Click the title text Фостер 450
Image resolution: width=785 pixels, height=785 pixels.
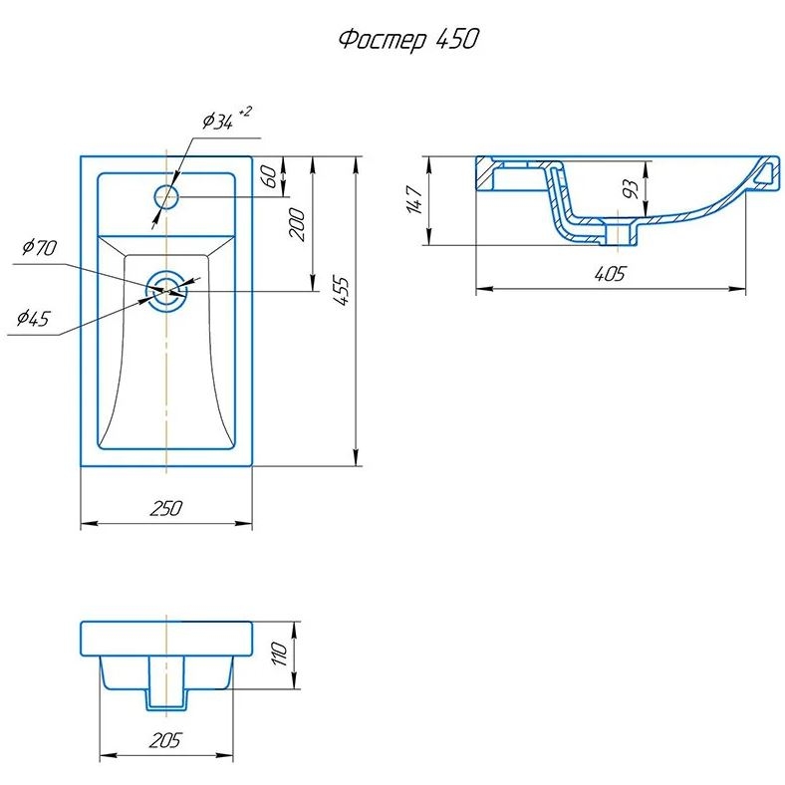pos(408,40)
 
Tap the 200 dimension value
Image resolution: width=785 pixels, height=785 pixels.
pos(295,224)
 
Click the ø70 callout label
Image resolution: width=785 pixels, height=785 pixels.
pos(38,248)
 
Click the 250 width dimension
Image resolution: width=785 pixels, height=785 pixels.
pos(165,508)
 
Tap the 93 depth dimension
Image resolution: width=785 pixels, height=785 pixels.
pos(630,189)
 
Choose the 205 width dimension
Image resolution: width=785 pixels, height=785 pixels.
pos(165,741)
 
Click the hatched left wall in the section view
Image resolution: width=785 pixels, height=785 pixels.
pos(486,174)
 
